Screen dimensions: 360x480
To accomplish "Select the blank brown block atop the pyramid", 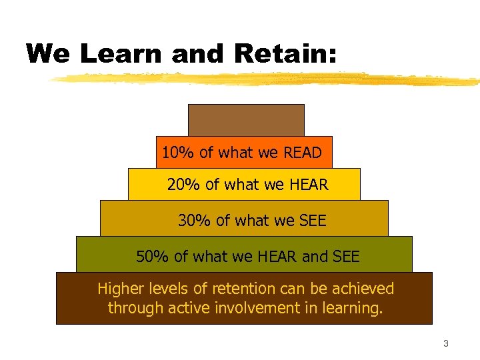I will (x=246, y=120).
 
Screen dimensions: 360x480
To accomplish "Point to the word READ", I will (x=302, y=153).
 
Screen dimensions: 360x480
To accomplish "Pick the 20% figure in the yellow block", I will (x=184, y=185).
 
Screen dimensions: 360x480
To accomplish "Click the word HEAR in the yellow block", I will (x=309, y=185).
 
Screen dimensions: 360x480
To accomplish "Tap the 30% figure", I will (x=195, y=220).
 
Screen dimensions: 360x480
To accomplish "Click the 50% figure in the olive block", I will (x=153, y=256).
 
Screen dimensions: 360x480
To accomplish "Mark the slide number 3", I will (x=446, y=344).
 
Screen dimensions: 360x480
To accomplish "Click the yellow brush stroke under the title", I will (x=267, y=79).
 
